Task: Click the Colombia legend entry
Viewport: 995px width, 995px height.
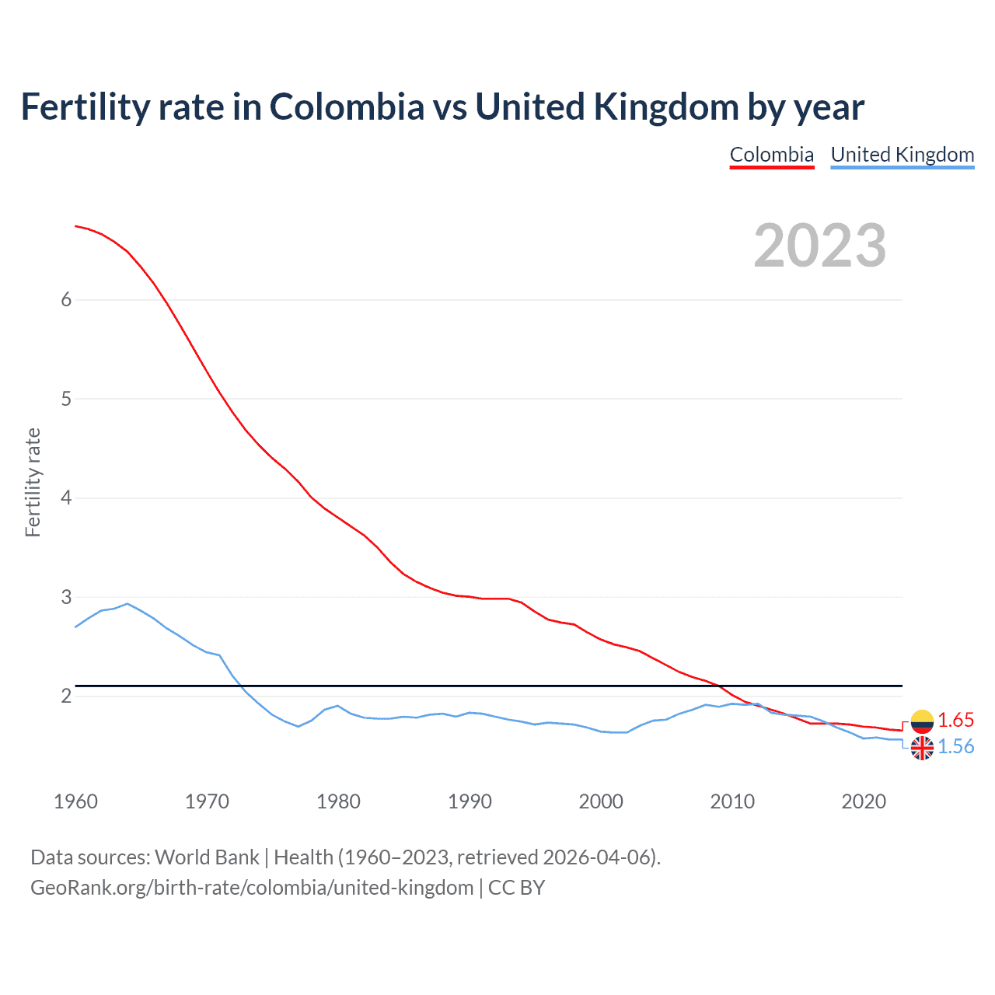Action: (x=771, y=155)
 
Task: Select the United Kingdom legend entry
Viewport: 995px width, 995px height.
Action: (x=902, y=155)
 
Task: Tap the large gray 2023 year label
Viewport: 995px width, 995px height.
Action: (x=819, y=246)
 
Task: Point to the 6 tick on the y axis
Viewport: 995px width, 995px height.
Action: (x=66, y=300)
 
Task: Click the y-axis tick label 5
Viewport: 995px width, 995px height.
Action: (x=66, y=399)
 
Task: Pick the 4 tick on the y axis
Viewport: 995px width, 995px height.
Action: (x=66, y=497)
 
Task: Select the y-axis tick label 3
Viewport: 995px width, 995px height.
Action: (x=66, y=597)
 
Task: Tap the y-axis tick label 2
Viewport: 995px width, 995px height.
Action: (x=66, y=696)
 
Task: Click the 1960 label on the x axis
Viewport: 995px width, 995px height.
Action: (x=75, y=801)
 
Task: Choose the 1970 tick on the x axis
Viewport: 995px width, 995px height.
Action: (x=207, y=801)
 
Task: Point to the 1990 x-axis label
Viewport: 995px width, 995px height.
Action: (x=470, y=801)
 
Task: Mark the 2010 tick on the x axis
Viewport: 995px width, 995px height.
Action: (x=732, y=801)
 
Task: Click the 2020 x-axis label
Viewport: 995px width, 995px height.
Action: (x=864, y=801)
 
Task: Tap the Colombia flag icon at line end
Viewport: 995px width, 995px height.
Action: (x=922, y=721)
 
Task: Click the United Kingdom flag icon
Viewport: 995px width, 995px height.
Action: (x=922, y=748)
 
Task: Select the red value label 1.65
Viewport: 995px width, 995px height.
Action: (x=955, y=720)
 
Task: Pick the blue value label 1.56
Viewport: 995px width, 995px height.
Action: (x=955, y=746)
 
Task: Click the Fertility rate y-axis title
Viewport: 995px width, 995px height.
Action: (x=33, y=482)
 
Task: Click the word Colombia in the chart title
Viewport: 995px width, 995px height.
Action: (x=347, y=107)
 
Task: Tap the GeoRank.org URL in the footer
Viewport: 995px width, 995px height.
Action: (x=252, y=888)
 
